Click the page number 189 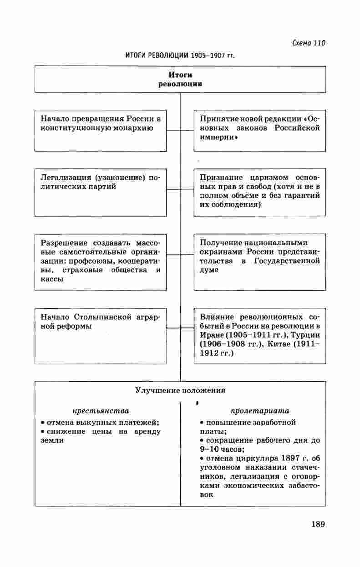click(318, 524)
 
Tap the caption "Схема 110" click(309, 43)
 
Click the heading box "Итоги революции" click(180, 79)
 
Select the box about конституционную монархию click(101, 130)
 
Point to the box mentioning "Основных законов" click(259, 130)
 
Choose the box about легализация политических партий click(101, 193)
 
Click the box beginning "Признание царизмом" click(259, 193)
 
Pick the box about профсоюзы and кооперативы click(101, 262)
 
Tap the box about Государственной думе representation click(259, 262)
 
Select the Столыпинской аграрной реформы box click(101, 336)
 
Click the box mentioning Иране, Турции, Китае click(259, 336)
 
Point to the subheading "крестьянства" click(101, 411)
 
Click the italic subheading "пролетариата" click(260, 411)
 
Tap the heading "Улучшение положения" click(180, 390)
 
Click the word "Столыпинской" click(102, 317)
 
